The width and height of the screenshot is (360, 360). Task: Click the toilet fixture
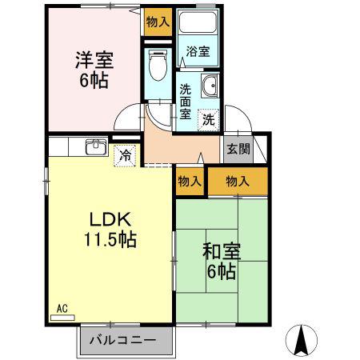[158, 65]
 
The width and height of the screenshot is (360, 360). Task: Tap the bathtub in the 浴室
[198, 22]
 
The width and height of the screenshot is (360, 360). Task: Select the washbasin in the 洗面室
[210, 86]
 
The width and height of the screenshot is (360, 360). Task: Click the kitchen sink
[96, 146]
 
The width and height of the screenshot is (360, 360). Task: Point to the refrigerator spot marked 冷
[125, 156]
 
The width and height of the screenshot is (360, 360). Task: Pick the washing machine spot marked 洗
[209, 120]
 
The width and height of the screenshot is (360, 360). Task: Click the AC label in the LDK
[62, 309]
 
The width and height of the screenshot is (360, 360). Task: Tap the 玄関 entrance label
[238, 149]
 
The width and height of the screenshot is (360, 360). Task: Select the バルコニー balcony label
[122, 340]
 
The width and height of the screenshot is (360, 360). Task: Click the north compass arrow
[302, 340]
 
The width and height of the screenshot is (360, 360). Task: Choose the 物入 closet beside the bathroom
[158, 22]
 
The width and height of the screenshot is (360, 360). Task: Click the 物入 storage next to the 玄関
[238, 182]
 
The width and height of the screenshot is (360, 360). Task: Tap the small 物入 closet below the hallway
[190, 182]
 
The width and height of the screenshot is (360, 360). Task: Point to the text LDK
[110, 219]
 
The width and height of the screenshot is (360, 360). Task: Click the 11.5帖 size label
[110, 239]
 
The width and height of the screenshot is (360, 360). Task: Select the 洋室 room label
[94, 60]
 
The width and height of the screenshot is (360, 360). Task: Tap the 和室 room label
[222, 251]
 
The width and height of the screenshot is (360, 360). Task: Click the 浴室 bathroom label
[198, 51]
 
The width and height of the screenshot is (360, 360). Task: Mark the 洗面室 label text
[185, 102]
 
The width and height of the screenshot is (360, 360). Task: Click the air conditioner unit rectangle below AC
[62, 318]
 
